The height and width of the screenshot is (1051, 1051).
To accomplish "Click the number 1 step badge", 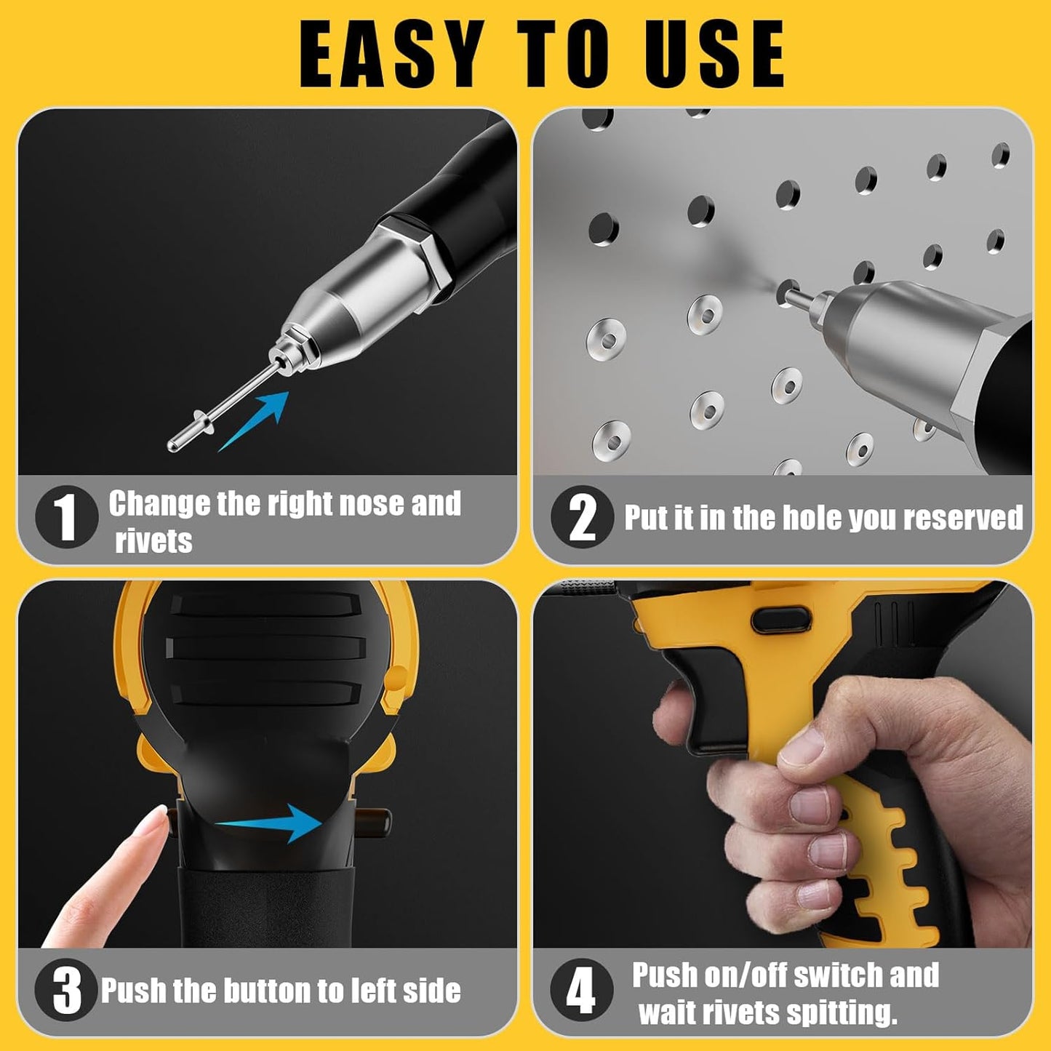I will pyautogui.click(x=66, y=517).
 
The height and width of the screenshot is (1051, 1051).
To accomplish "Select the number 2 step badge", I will pyautogui.click(x=582, y=517).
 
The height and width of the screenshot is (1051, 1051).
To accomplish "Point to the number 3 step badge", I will pyautogui.click(x=66, y=990).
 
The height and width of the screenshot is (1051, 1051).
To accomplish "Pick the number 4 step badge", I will pyautogui.click(x=580, y=990).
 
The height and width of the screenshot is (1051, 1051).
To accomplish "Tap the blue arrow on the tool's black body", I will pyautogui.click(x=273, y=823).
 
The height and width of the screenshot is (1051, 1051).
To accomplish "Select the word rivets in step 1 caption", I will pyautogui.click(x=153, y=541).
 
